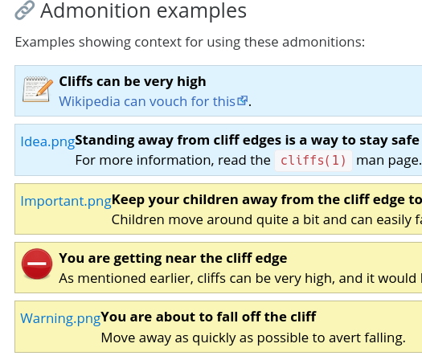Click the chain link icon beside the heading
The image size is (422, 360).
click(24, 10)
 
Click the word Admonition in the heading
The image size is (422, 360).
click(96, 10)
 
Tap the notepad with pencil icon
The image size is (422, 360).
click(38, 89)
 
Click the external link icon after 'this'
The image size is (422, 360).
click(242, 100)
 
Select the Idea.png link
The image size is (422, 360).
click(47, 141)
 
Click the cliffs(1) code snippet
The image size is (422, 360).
click(313, 161)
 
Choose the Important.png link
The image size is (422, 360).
click(66, 201)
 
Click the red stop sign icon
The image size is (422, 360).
click(37, 264)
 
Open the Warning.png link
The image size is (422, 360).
click(60, 318)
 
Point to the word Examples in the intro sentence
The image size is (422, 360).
click(45, 43)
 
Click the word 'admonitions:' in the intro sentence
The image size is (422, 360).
click(323, 42)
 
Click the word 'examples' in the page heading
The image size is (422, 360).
click(202, 11)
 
